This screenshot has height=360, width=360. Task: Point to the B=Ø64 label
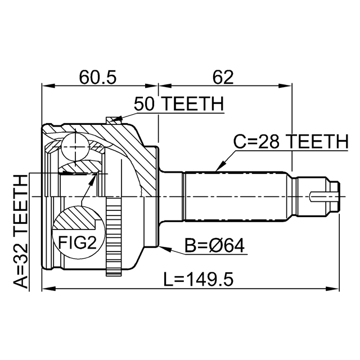click(x=215, y=246)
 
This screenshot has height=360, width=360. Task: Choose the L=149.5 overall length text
click(x=199, y=278)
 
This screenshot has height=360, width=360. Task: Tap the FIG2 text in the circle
click(x=75, y=244)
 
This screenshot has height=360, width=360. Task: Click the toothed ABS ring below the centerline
click(x=114, y=241)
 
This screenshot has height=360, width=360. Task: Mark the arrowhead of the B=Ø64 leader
click(x=161, y=246)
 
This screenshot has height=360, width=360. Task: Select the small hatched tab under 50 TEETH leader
click(x=114, y=119)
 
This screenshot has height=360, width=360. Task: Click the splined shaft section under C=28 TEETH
click(x=236, y=196)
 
